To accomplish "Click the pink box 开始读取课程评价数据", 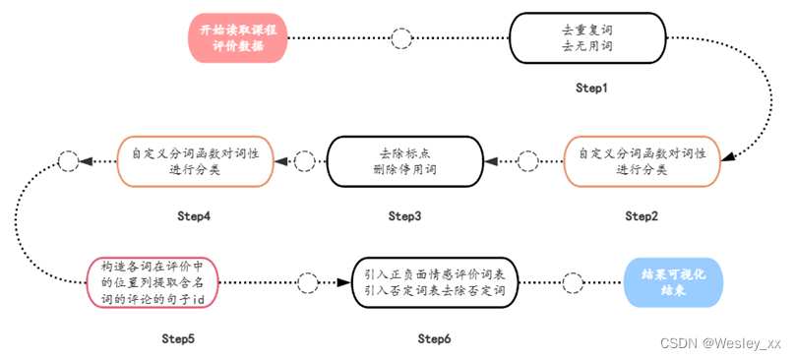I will click(x=238, y=38).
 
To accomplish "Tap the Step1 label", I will click(x=592, y=89).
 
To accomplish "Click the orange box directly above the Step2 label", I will click(x=642, y=161).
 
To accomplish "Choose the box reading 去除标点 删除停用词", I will click(x=405, y=161).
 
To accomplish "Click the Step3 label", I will click(x=405, y=215).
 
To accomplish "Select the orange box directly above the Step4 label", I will click(x=196, y=161).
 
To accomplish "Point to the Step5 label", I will click(x=178, y=339).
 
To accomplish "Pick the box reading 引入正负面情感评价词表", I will click(x=435, y=283).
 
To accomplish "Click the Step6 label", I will click(x=434, y=339).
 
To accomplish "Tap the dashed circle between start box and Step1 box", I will click(x=401, y=39).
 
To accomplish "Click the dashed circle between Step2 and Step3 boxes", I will click(x=528, y=160).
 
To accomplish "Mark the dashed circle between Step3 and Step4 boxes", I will click(x=306, y=160).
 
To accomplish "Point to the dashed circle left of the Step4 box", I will click(x=67, y=160).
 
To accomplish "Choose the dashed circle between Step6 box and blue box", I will click(x=573, y=283).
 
